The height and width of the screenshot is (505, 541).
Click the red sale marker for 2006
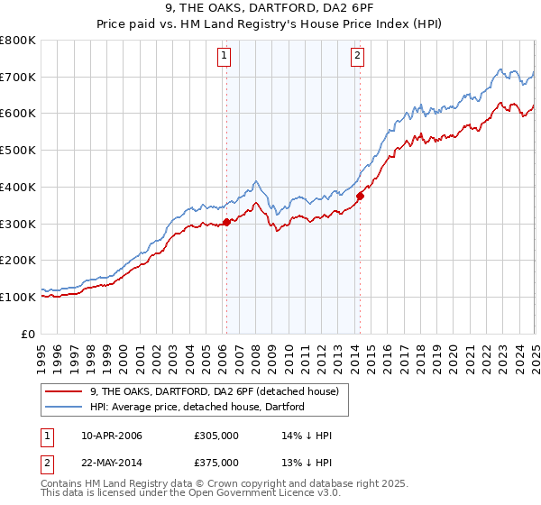pos(226,222)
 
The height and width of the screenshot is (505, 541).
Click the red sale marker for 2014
pos(360,196)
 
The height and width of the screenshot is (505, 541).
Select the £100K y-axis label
pos(18,297)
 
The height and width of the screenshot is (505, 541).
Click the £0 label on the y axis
pos(29,334)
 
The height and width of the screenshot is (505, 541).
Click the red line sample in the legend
pos(65,391)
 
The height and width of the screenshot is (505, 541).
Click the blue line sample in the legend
pos(65,407)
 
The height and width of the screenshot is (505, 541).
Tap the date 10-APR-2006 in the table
pos(112,436)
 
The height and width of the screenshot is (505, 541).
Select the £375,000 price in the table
pos(216,463)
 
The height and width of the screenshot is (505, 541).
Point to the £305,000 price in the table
pos(216,436)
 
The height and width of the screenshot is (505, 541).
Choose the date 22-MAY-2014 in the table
pos(112,463)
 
